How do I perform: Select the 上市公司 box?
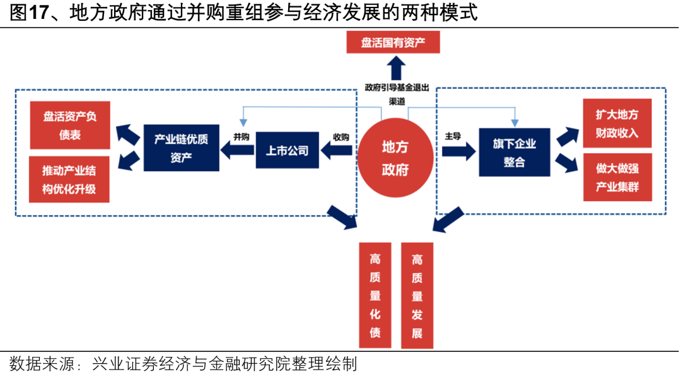288,150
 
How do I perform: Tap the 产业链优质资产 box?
181,148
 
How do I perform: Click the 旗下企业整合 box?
514,153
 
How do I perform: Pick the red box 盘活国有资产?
393,42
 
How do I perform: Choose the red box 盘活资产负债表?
70,126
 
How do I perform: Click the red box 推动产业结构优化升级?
69,180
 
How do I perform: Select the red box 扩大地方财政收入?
617,124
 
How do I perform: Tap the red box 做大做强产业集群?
617,178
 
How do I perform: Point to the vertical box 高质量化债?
375,295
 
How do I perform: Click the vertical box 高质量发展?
417,295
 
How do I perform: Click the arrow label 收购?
340,136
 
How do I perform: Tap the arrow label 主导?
453,136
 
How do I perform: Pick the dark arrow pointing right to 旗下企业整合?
458,151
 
